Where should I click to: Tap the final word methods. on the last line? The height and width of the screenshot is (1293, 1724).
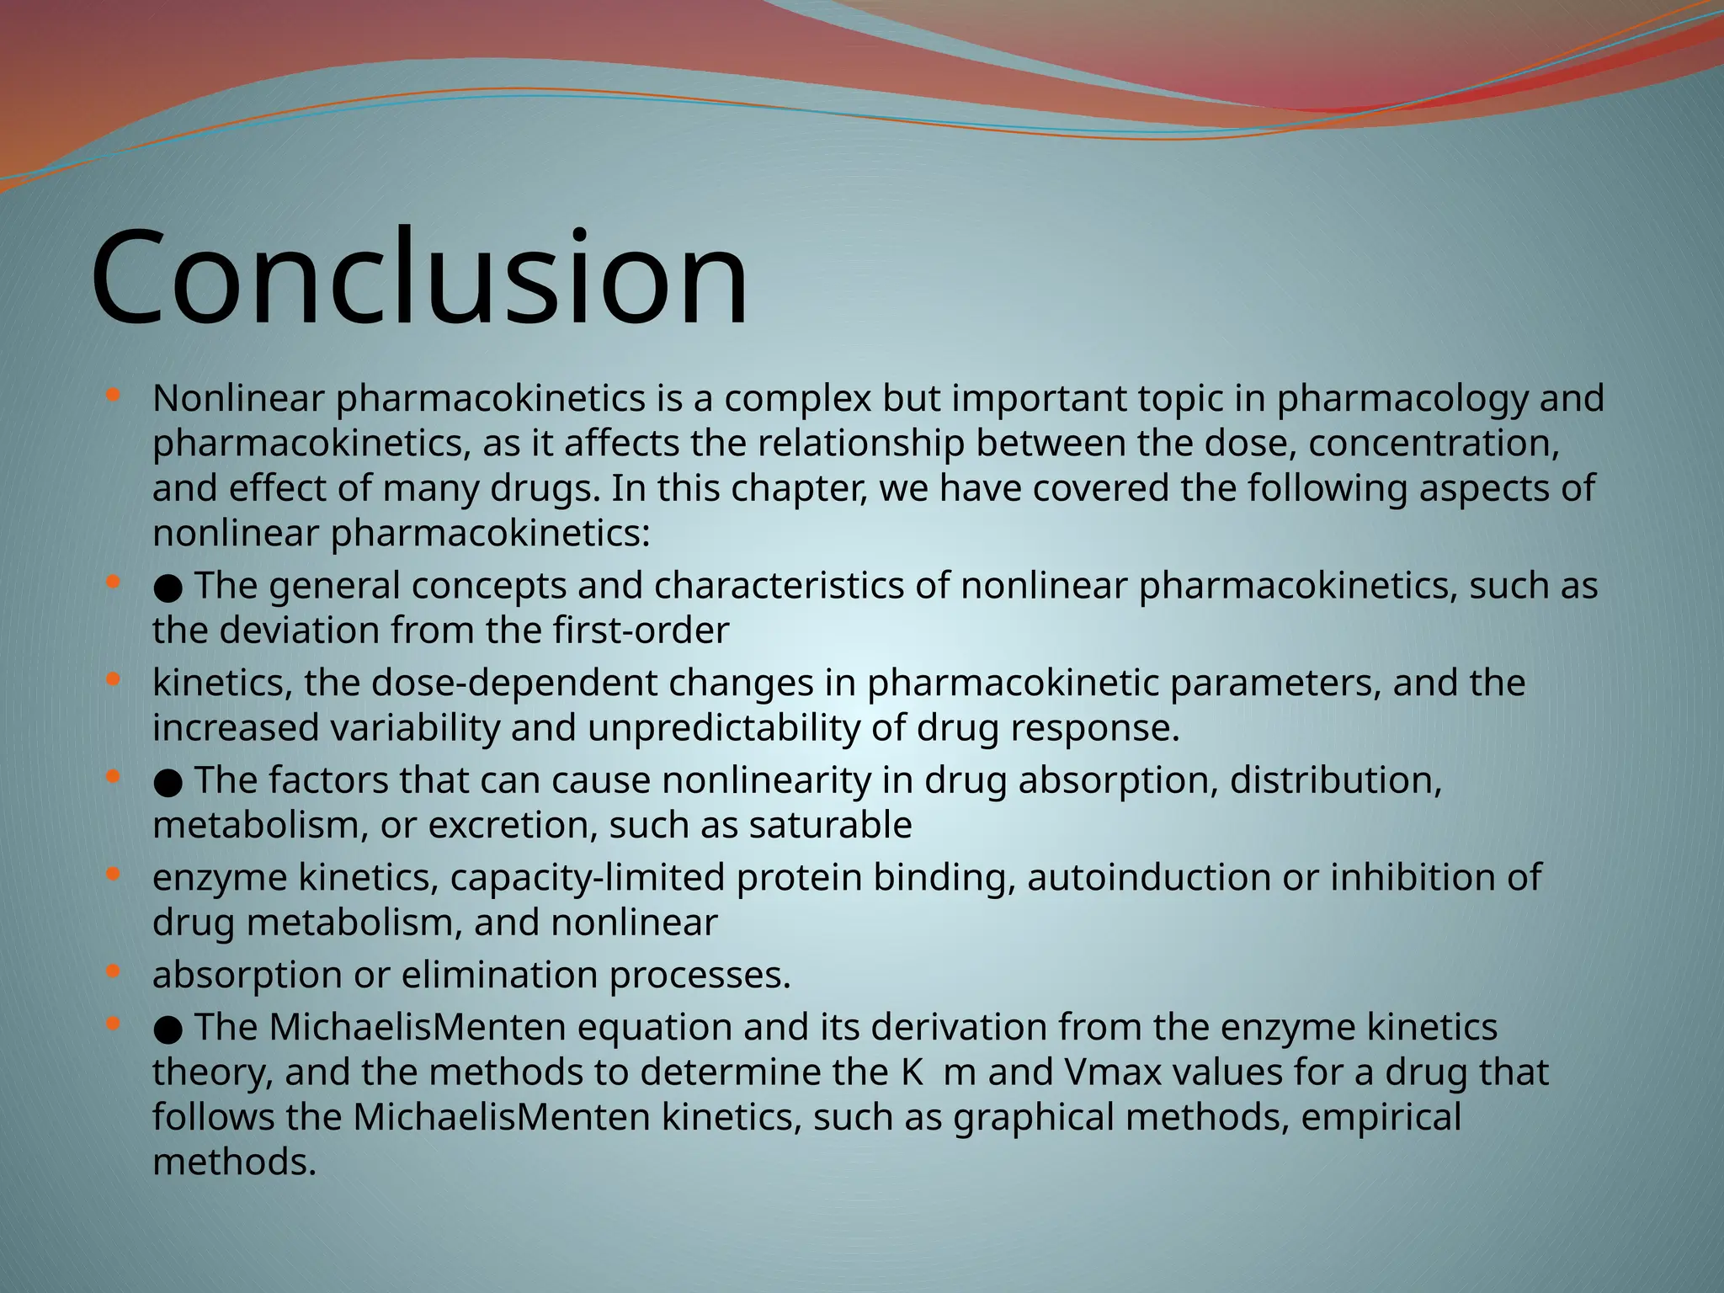(x=234, y=1163)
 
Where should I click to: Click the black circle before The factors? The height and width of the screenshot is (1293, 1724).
(x=168, y=782)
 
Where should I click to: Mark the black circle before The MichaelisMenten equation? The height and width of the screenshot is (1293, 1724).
(x=168, y=1030)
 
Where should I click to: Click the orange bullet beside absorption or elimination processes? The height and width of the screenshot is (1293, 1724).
(x=114, y=972)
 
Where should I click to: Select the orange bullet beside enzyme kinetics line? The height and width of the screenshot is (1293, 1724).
(x=114, y=875)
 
